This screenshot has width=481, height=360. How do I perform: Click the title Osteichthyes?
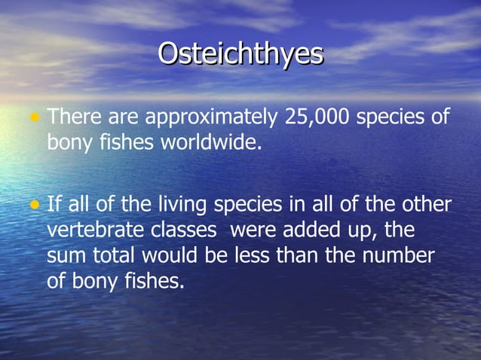(240, 54)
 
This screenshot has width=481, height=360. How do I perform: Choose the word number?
(399, 256)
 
